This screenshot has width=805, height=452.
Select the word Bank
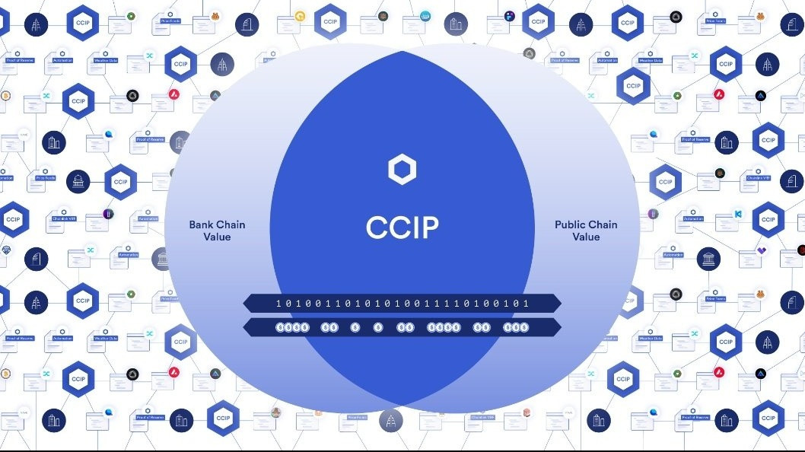click(x=202, y=224)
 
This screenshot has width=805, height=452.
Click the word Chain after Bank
click(x=231, y=224)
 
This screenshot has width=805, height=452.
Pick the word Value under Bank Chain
click(x=216, y=237)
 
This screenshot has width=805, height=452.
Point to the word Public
click(x=571, y=224)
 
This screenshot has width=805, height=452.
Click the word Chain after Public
click(x=603, y=224)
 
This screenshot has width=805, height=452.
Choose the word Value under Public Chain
click(x=586, y=237)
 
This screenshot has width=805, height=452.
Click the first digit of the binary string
click(x=278, y=304)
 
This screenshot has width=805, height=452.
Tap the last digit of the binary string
click(x=526, y=304)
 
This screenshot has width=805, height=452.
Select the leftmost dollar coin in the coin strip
click(x=279, y=327)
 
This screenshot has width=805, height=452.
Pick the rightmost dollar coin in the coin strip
click(x=525, y=327)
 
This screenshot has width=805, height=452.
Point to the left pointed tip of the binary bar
click(x=244, y=304)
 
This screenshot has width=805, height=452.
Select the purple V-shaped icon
click(x=762, y=250)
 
